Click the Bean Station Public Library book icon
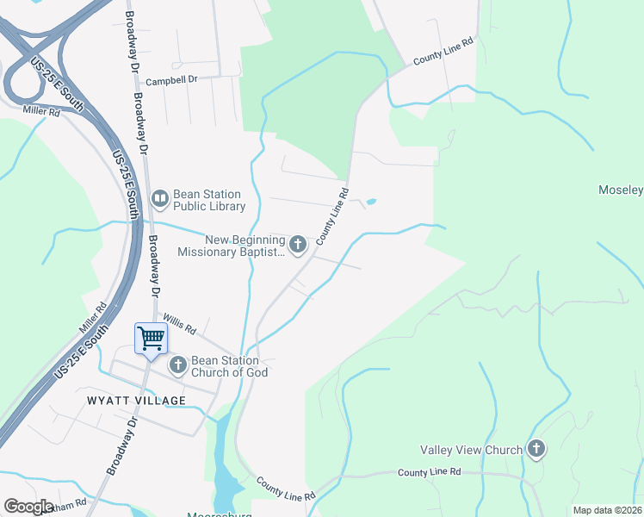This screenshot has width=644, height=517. coord(160,199)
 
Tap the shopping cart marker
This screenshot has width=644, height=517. coord(152,337)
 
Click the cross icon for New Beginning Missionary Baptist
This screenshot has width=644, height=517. coord(298,245)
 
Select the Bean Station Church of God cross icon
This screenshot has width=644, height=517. coord(178,365)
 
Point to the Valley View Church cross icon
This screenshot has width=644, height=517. coord(536,449)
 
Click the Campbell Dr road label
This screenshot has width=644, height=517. coord(171,80)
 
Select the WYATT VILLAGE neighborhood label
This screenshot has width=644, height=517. coord(136,401)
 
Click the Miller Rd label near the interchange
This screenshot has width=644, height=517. coord(41,111)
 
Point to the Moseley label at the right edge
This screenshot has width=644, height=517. coord(621,190)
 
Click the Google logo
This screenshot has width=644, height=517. coord(28,506)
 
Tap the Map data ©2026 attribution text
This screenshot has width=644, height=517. coord(607,510)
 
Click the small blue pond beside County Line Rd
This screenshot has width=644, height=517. coord(370,202)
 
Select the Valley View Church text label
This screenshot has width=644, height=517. coord(471,450)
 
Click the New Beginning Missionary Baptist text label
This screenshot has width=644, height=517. coord(231,246)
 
